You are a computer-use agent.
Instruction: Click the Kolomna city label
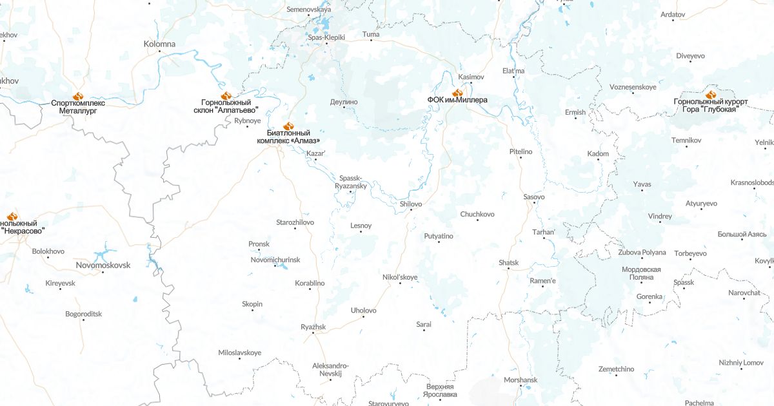159,44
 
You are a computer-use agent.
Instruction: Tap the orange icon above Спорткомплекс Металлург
78,95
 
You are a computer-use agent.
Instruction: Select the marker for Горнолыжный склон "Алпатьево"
226,95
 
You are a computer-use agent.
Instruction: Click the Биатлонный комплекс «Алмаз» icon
288,126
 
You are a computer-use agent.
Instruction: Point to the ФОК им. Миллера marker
457,93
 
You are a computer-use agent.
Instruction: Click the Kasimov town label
471,77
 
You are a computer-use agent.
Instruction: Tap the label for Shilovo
411,204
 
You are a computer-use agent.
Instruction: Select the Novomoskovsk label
103,265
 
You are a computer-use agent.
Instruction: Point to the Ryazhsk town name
313,327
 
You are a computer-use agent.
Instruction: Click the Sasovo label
534,197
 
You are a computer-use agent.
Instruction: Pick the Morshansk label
521,380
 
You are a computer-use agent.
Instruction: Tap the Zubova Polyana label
642,253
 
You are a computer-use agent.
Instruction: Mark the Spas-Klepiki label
326,37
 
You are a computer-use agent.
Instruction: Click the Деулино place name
344,102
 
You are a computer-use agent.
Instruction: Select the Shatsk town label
508,262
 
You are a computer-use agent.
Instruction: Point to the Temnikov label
686,140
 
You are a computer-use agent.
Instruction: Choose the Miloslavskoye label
240,353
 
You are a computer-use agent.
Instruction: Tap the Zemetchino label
616,369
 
